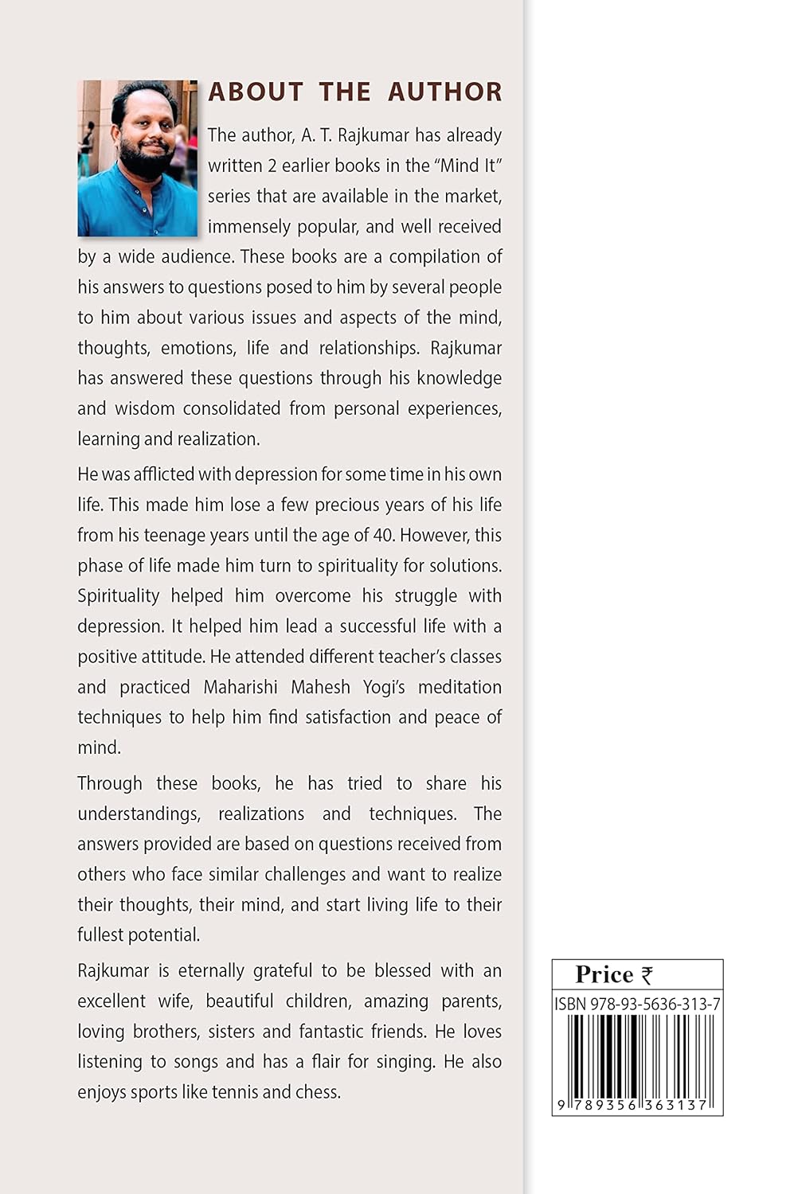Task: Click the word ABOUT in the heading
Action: pyautogui.click(x=256, y=92)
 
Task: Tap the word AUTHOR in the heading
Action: pyautogui.click(x=445, y=92)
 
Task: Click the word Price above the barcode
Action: pyautogui.click(x=604, y=974)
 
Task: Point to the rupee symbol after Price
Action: pyautogui.click(x=647, y=975)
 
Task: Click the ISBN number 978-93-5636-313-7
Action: pyautogui.click(x=655, y=1005)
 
